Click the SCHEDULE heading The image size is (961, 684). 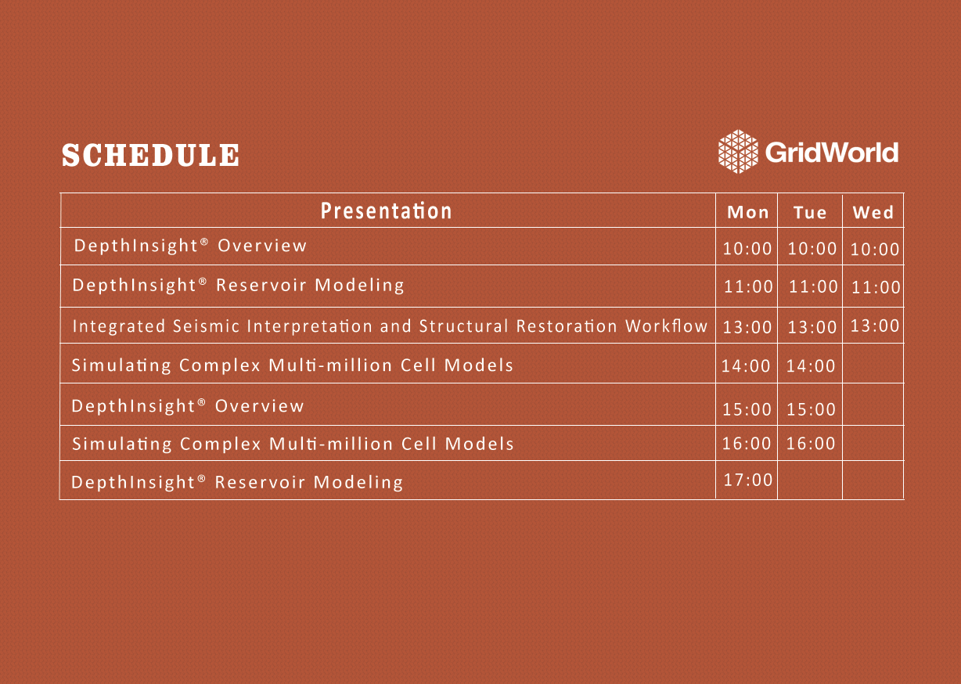click(150, 155)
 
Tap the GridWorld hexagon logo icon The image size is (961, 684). click(738, 152)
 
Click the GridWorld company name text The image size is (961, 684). click(831, 153)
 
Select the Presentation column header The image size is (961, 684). click(386, 211)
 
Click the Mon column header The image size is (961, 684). click(748, 212)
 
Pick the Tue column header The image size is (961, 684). click(810, 212)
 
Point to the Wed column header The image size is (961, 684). click(873, 212)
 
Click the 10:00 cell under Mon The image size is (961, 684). click(747, 248)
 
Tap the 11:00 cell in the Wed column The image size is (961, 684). click(876, 287)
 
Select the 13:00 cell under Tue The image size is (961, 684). click(812, 327)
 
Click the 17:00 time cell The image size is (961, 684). click(748, 480)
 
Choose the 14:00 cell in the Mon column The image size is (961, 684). click(746, 366)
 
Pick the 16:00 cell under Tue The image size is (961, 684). click(811, 443)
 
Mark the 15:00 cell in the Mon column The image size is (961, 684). click(747, 409)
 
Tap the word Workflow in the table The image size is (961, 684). click(666, 326)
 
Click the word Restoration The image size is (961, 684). click(567, 326)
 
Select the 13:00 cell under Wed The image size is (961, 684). click(875, 326)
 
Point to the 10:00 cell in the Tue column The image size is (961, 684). click(812, 248)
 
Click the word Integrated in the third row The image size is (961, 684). click(119, 327)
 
